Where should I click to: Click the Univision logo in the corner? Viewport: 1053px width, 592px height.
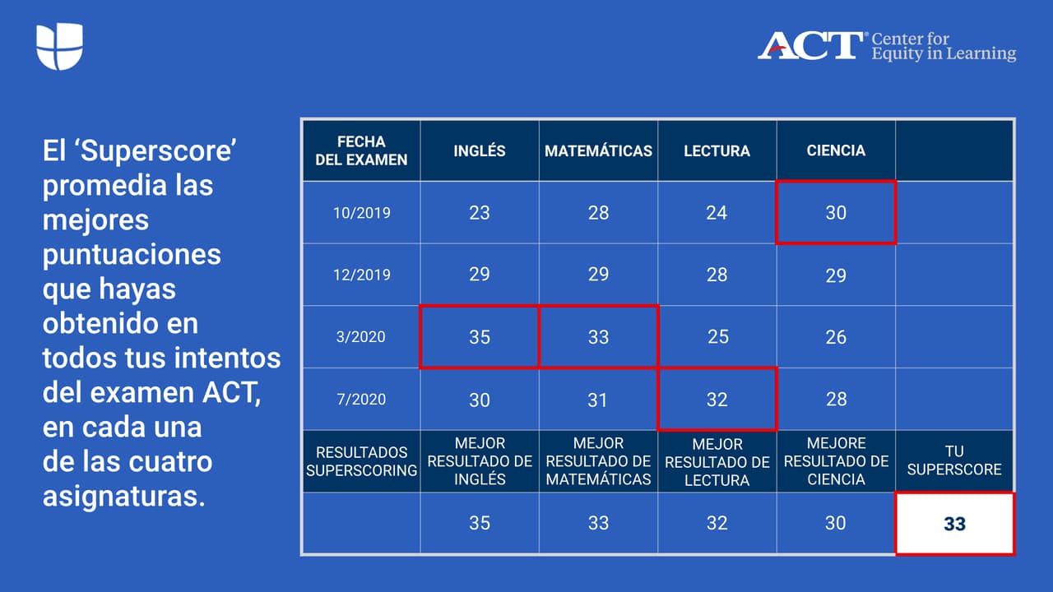tap(59, 47)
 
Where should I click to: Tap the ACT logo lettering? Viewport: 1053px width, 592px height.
tap(810, 46)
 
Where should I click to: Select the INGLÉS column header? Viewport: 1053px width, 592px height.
tap(480, 150)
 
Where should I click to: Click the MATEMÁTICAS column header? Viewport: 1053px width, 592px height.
tap(598, 150)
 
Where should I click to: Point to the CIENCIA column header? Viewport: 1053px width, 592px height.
tap(836, 150)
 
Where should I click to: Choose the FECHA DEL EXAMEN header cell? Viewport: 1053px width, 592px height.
tap(361, 150)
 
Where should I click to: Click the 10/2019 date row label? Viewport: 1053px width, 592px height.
tap(361, 212)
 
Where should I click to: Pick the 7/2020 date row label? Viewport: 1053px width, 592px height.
tap(361, 399)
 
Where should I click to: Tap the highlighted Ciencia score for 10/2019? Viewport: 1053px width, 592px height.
tap(836, 212)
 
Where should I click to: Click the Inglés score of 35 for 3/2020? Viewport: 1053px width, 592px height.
tap(480, 337)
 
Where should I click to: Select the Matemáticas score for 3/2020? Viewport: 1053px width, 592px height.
tap(598, 337)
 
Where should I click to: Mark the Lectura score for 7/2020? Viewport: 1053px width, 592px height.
tap(717, 400)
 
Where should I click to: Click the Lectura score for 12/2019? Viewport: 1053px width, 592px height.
tap(717, 275)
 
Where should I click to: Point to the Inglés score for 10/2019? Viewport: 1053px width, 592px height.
tap(480, 212)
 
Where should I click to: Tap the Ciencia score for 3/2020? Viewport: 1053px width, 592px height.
tap(836, 337)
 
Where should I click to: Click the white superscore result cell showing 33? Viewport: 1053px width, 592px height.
tap(954, 524)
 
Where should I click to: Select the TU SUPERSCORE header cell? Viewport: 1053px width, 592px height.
tap(954, 460)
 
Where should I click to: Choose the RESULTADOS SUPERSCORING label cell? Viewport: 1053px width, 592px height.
tap(361, 461)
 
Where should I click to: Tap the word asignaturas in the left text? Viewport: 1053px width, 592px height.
tap(123, 497)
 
